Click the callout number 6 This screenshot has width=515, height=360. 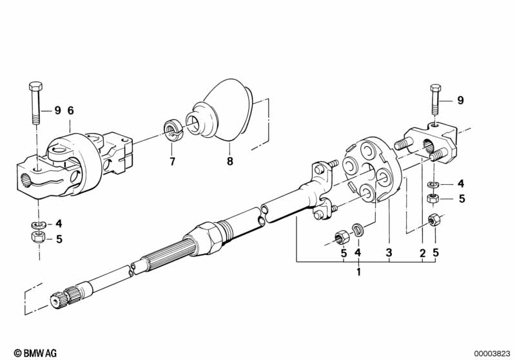coord(71,111)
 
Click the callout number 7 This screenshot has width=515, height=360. coord(173,162)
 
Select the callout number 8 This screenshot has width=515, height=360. coord(230,161)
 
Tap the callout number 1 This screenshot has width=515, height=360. coord(358,272)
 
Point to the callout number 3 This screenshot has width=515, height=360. coord(389,252)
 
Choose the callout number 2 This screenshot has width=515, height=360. coord(422,253)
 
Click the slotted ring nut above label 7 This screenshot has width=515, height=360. coord(173,131)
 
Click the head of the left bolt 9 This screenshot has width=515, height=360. coord(35,87)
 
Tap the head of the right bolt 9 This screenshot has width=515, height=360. coord(436,88)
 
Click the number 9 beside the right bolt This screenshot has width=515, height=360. coord(460,100)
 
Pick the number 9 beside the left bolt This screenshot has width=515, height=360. coord(58,111)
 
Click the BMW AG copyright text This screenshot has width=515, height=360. coord(35,353)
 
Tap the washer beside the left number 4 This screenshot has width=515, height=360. coord(39,225)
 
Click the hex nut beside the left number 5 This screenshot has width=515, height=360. coord(39,236)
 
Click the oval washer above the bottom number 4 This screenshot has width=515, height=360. coord(358,229)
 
